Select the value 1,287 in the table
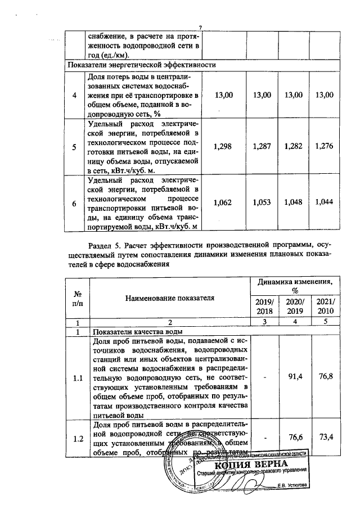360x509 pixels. [263, 146]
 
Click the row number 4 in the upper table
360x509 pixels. [75, 94]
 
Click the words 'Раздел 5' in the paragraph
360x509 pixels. [105, 245]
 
